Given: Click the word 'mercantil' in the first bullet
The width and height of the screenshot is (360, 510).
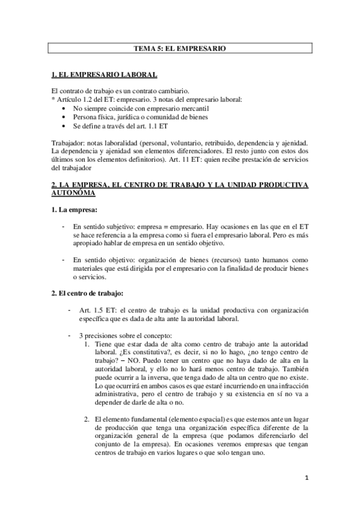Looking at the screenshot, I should coord(183,106).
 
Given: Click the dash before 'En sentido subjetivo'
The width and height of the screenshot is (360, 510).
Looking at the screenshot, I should coord(64,226).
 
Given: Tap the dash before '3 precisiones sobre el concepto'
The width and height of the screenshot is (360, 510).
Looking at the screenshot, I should coord(70,334).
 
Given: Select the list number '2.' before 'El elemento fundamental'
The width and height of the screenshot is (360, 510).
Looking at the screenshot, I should coord(88,418).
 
